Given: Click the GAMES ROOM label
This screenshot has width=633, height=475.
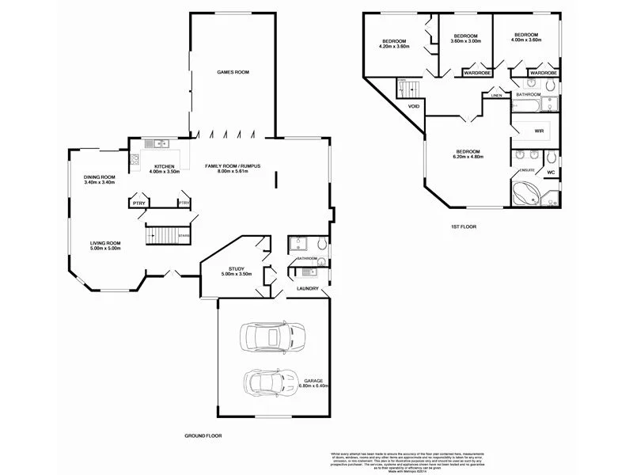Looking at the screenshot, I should tap(233, 72).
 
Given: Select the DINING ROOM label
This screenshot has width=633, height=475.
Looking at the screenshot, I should tap(100, 180).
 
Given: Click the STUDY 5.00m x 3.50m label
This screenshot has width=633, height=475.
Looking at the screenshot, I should tap(236, 272).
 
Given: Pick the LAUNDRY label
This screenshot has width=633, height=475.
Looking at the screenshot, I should tap(308, 288).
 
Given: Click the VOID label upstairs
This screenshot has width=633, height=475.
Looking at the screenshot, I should tap(414, 105).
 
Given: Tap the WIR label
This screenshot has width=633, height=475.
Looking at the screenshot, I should tap(539, 131).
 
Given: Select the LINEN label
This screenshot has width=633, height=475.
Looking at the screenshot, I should tap(496, 96).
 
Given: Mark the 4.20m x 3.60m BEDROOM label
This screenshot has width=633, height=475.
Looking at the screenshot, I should tap(394, 44).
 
